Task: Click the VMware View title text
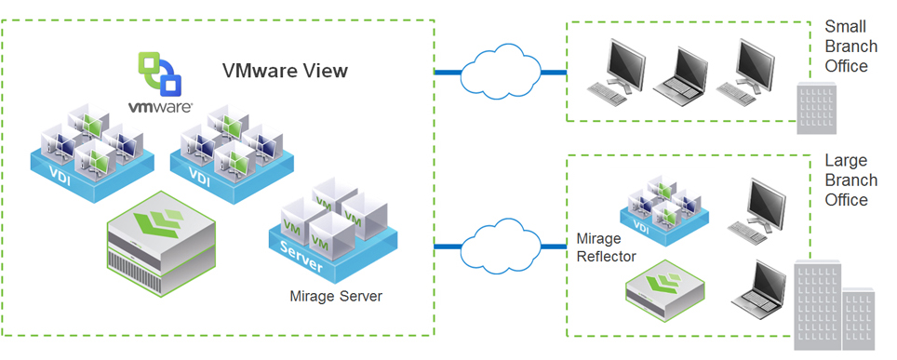click(x=285, y=71)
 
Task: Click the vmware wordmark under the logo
click(x=160, y=107)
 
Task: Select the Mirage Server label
click(x=336, y=297)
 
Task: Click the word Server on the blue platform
click(x=301, y=257)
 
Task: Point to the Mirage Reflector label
click(x=606, y=247)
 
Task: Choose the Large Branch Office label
click(x=847, y=180)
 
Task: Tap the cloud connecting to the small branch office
click(x=501, y=73)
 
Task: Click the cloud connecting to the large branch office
click(x=501, y=246)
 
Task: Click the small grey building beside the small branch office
click(x=817, y=108)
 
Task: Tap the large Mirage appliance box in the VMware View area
click(x=161, y=243)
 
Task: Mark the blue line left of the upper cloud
click(x=448, y=73)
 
